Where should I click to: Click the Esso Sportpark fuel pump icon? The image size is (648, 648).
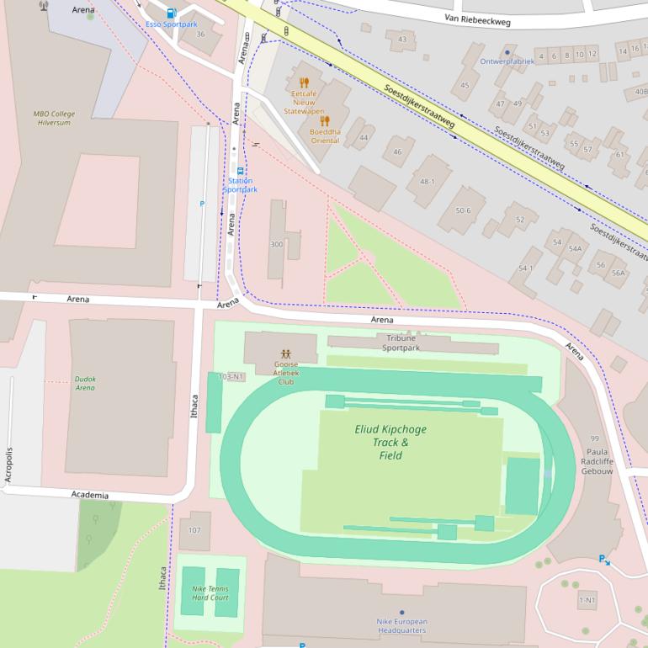click(172, 13)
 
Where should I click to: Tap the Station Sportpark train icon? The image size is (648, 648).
click(240, 170)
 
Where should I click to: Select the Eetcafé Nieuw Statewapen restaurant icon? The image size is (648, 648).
click(304, 82)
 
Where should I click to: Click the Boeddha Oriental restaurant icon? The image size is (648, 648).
click(325, 120)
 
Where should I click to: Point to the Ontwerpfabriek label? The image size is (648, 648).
click(507, 61)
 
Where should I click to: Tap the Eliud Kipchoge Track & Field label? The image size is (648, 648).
click(390, 442)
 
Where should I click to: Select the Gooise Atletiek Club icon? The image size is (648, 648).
click(286, 353)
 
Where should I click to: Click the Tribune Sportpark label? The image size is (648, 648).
click(401, 343)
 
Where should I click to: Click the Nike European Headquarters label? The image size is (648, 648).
click(401, 625)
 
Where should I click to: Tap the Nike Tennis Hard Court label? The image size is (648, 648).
click(210, 592)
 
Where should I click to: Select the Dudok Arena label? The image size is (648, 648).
click(85, 383)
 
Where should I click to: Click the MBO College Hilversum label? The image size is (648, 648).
click(55, 117)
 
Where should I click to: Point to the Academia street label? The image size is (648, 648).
click(90, 495)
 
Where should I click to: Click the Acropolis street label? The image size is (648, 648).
click(9, 465)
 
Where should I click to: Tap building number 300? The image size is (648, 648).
click(276, 244)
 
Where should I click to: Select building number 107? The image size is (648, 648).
click(194, 530)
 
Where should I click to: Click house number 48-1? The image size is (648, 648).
click(428, 181)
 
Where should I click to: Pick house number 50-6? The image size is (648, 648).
click(463, 210)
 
